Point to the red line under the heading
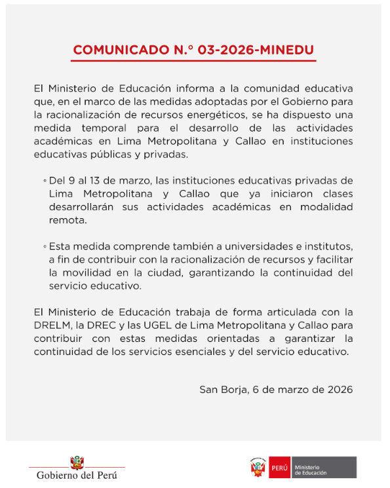(194, 61)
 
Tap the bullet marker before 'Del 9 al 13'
(45, 180)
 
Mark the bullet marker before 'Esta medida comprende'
(45, 246)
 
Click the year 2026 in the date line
(339, 389)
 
